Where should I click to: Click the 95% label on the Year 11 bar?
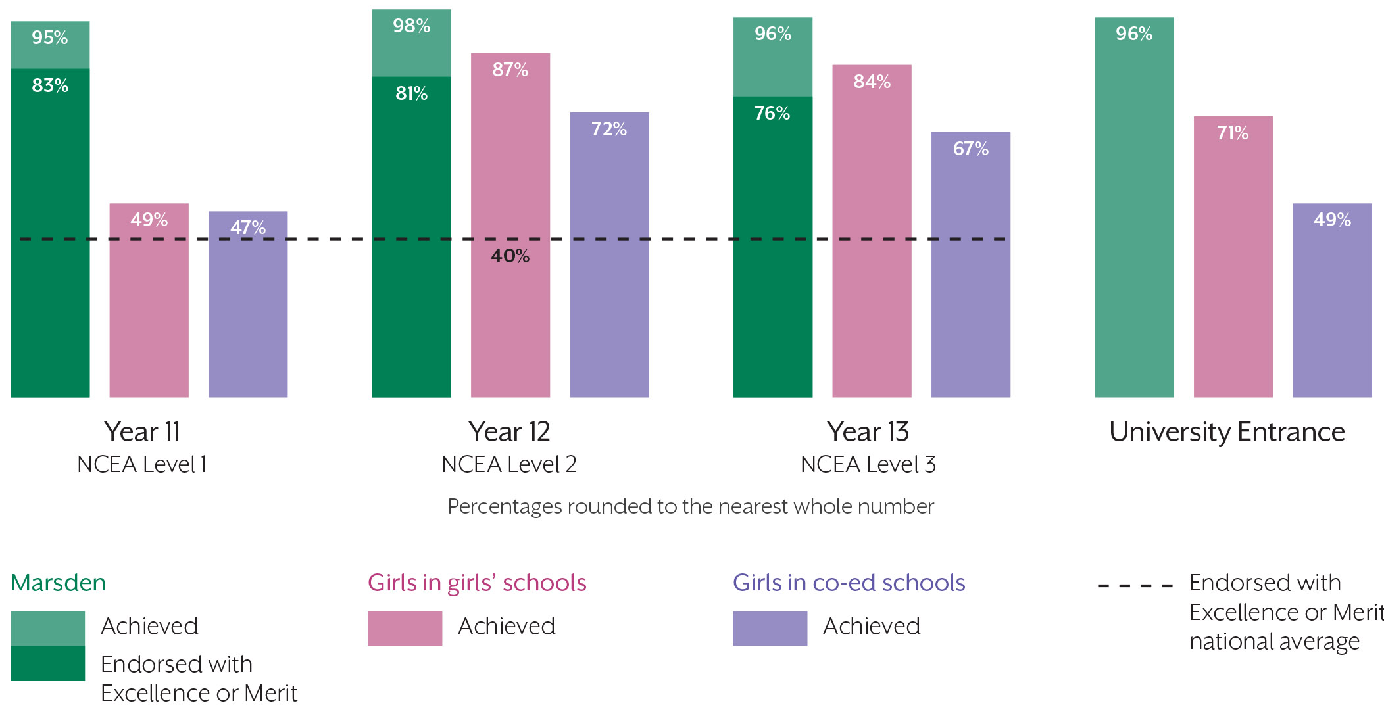[x=50, y=37]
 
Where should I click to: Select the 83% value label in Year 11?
[x=50, y=85]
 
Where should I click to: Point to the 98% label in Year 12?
[x=411, y=26]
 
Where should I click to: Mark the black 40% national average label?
[x=510, y=256]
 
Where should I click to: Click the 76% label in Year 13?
[x=772, y=113]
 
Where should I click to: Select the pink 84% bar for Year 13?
[x=872, y=231]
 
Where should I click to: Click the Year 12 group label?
[x=509, y=432]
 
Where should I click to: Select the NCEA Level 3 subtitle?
[x=868, y=465]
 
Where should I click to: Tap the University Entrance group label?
[x=1227, y=432]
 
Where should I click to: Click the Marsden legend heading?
[x=59, y=583]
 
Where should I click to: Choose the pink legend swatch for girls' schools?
[x=405, y=628]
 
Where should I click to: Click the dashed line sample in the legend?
[x=1135, y=585]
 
